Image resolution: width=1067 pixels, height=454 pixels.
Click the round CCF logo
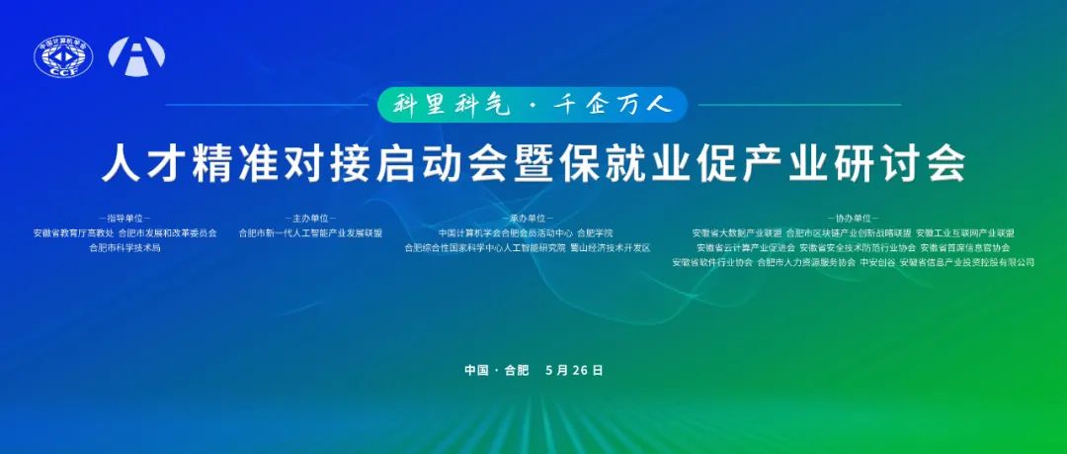click(63, 58)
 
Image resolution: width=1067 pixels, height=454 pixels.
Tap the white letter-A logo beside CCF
click(136, 57)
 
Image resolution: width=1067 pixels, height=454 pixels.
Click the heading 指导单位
click(123, 218)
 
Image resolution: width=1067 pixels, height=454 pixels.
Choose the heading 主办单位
click(310, 218)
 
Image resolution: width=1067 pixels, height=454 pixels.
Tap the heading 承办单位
click(528, 218)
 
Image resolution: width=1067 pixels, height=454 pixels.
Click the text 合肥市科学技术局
click(123, 247)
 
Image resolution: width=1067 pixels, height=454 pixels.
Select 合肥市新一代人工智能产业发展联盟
click(310, 233)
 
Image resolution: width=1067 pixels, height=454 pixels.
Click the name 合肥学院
click(595, 233)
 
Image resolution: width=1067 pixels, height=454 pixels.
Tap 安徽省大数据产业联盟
click(736, 233)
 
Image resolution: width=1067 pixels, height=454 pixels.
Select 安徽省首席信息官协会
click(965, 247)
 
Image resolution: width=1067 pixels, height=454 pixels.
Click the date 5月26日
click(574, 370)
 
